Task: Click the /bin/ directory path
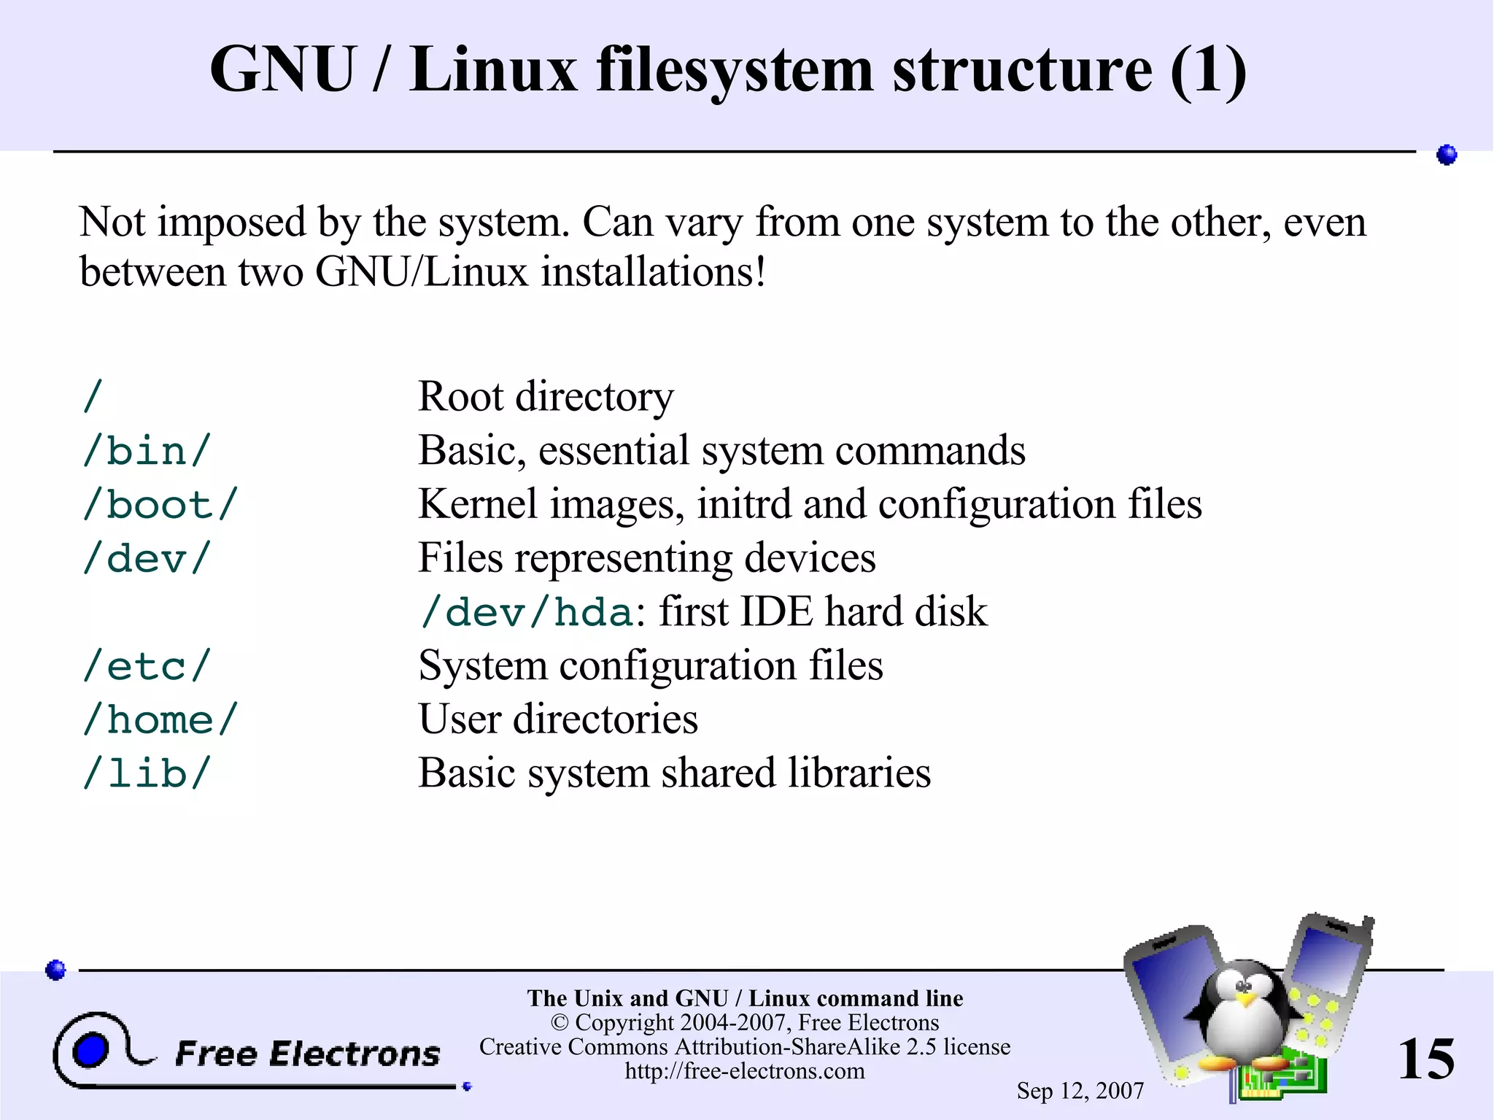coord(147,450)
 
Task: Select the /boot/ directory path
coord(160,504)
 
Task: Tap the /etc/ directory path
coord(147,665)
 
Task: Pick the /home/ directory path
coord(160,719)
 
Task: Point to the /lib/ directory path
coord(147,773)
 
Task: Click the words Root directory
coord(546,397)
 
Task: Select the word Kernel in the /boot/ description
coord(477,504)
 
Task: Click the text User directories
coord(558,719)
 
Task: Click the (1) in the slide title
coord(1208,70)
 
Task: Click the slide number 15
coord(1425,1059)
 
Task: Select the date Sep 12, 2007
coord(1080,1091)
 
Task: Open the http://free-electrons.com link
coord(745,1071)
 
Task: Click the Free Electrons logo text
coord(308,1054)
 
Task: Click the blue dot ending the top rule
coord(1447,155)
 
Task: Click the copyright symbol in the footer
coord(560,1023)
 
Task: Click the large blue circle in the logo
coord(90,1050)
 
